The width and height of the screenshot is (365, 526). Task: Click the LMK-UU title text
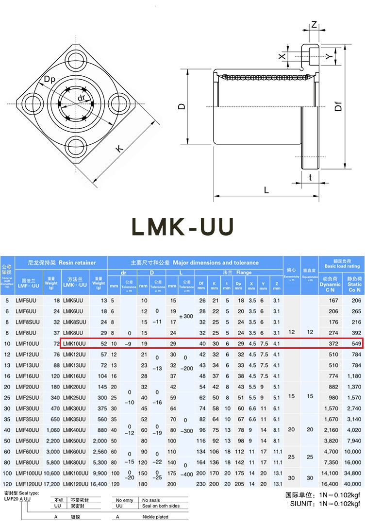(x=183, y=227)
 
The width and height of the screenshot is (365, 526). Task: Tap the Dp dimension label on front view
(x=50, y=79)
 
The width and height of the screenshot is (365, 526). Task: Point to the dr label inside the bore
(x=81, y=98)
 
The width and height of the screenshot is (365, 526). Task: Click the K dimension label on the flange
(x=118, y=148)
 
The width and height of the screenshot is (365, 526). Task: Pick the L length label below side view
(x=266, y=190)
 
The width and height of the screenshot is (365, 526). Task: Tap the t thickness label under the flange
(x=310, y=178)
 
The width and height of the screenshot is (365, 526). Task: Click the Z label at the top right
(x=314, y=24)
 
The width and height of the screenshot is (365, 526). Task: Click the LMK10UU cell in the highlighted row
(x=74, y=344)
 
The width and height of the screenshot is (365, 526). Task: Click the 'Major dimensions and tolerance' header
(x=195, y=263)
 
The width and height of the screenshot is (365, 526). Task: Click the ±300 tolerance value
(x=186, y=316)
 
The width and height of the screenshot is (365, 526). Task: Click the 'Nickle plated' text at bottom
(x=155, y=517)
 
